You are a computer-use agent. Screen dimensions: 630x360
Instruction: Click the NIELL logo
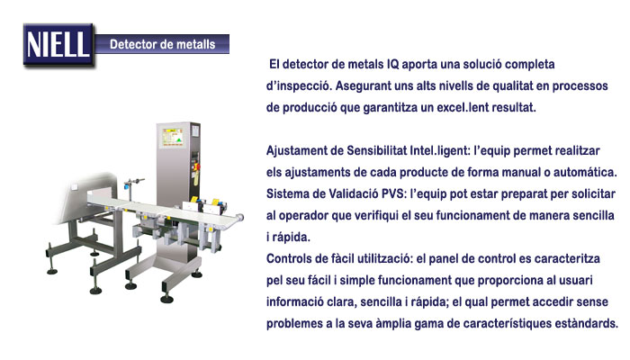coord(58,45)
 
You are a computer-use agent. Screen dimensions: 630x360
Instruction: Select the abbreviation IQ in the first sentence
coord(392,64)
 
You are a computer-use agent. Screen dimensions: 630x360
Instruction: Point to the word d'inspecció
coord(299,86)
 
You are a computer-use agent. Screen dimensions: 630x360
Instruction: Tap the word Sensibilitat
coord(376,150)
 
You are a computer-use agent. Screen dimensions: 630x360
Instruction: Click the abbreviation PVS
coord(393,193)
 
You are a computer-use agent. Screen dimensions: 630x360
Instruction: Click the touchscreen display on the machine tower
coord(173,137)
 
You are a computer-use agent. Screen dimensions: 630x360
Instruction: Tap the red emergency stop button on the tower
coord(196,166)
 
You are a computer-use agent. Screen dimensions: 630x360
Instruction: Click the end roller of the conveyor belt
coord(240,217)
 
